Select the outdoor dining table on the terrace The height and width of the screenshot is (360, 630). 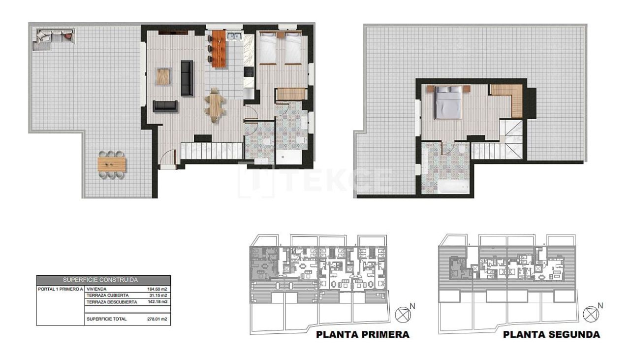coord(112,164)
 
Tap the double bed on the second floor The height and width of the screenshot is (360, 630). coord(448,102)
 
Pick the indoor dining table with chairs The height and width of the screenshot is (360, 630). coord(215,105)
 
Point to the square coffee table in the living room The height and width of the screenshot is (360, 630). coord(163,76)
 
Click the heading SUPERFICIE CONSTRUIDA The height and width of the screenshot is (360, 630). coord(103,279)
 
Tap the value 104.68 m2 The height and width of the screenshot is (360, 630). coord(157,289)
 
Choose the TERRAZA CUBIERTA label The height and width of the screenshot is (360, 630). coord(107,295)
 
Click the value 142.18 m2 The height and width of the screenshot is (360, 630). coord(157,302)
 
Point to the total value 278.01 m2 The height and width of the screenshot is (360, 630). coord(157,319)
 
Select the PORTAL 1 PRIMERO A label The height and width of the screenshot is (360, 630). coord(60,289)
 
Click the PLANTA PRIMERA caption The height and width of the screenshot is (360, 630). coord(362,335)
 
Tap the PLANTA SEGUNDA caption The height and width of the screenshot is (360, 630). coord(551,335)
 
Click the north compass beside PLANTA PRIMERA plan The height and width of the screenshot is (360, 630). coord(403,313)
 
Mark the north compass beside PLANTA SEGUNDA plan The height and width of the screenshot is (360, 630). coord(590,313)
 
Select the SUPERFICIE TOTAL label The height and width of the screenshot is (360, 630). coord(106,319)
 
